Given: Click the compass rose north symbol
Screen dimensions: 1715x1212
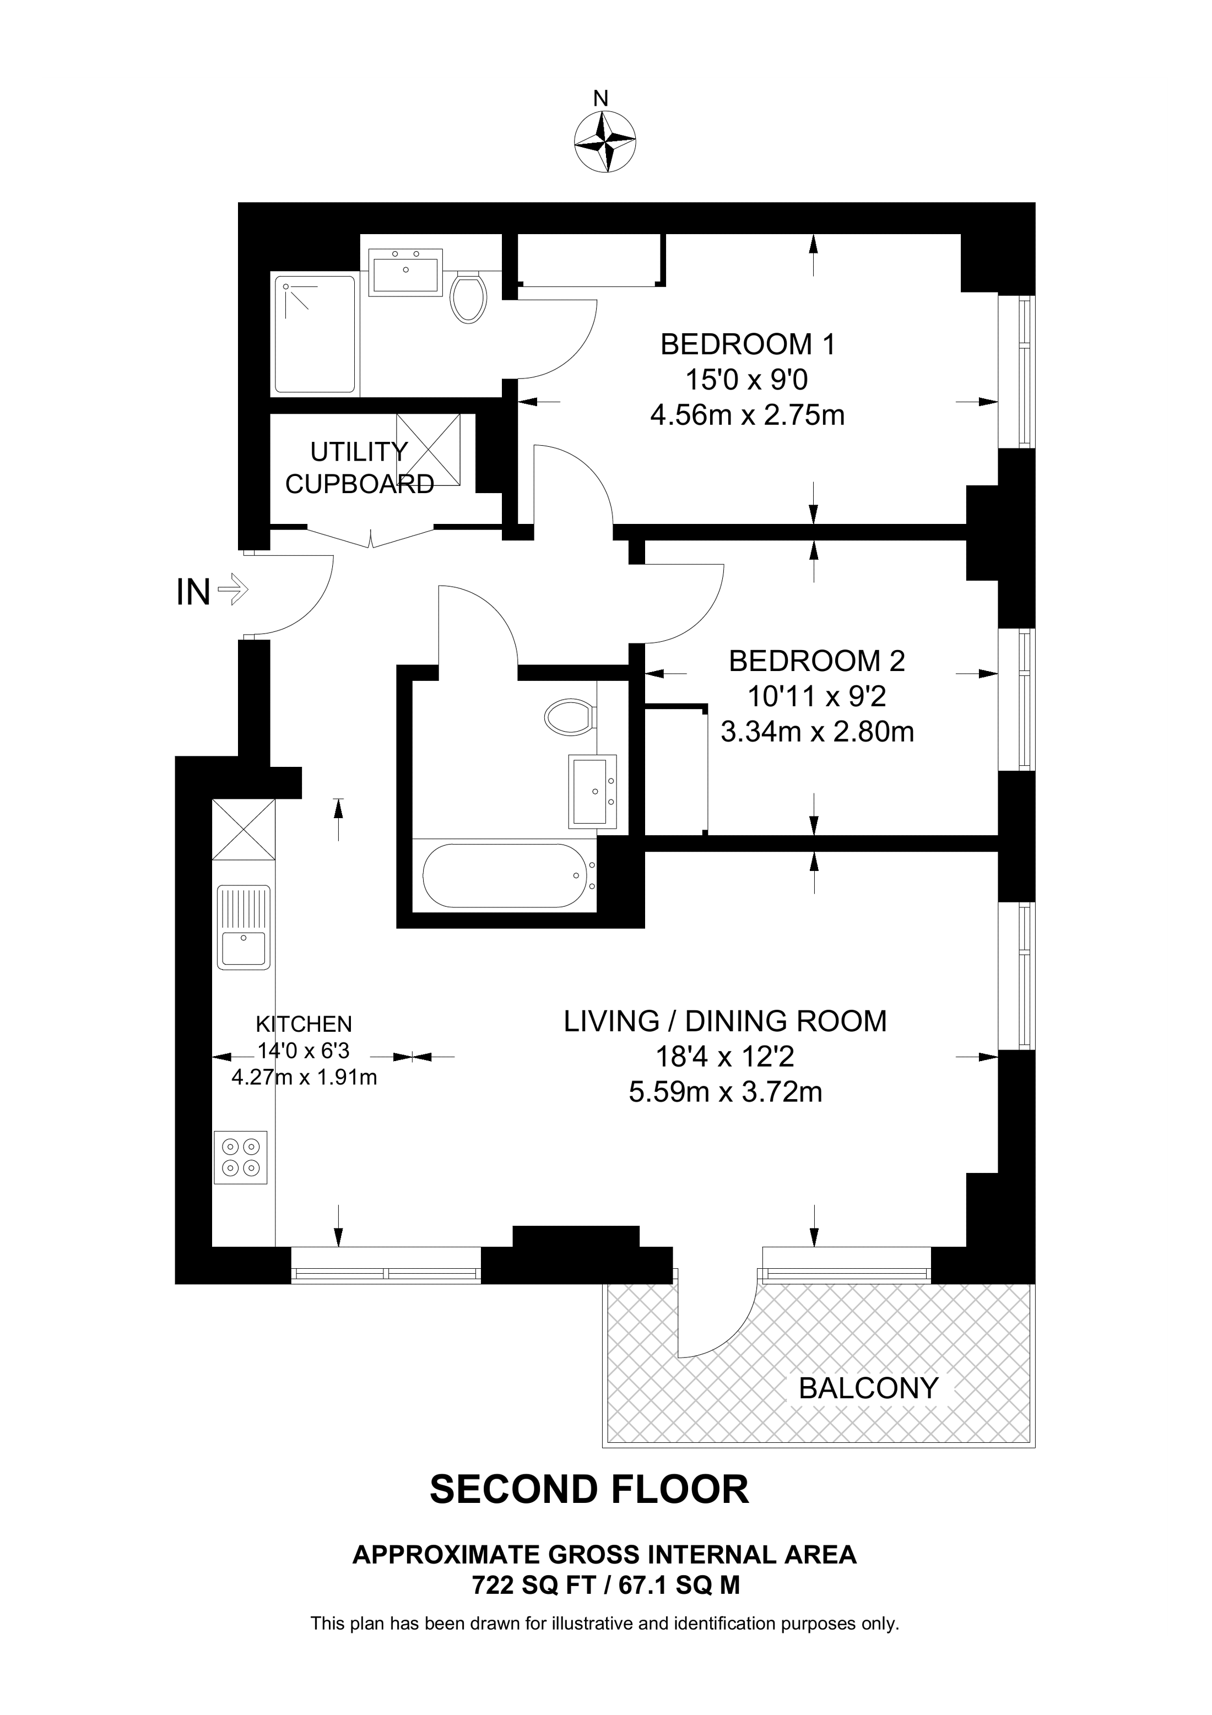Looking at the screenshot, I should point(605,140).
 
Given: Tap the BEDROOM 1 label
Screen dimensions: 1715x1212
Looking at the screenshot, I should point(748,344).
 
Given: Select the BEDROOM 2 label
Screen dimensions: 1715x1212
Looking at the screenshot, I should point(817,661).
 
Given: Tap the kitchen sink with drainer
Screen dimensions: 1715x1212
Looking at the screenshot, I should point(244,927).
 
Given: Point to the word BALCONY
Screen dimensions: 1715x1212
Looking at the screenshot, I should point(868,1388).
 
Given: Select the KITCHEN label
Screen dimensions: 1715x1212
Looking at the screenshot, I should point(304,1023).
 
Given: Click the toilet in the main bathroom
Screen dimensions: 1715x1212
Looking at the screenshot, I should point(570,718).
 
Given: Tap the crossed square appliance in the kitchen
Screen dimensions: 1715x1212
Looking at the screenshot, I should point(244,829).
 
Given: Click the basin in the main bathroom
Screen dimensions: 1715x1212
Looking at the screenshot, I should point(593,791).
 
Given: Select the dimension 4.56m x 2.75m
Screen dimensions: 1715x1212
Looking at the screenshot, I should point(747,414).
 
